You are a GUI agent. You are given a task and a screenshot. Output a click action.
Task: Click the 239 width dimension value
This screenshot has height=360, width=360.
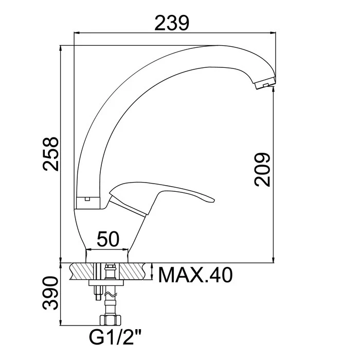click(x=172, y=23)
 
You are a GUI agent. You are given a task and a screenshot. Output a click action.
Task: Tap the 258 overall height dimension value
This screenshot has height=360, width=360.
click(x=51, y=154)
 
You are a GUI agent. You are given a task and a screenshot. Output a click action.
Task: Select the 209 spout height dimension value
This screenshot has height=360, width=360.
click(x=262, y=169)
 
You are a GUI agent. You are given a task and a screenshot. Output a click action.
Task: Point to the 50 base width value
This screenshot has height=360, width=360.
click(x=108, y=239)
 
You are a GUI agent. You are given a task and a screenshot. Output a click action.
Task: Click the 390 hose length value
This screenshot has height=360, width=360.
click(x=51, y=293)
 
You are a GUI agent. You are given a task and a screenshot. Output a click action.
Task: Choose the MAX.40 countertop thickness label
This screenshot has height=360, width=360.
click(x=195, y=275)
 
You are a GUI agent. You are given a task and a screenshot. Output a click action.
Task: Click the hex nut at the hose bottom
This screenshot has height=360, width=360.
click(x=110, y=320)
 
